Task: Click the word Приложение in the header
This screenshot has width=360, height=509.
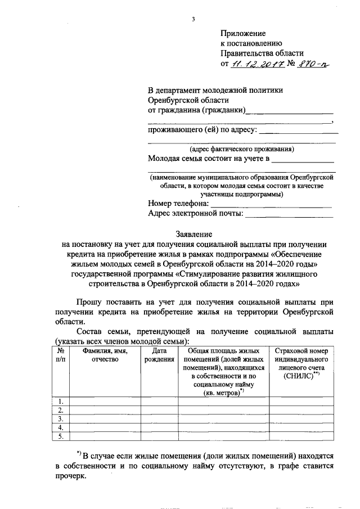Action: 242,33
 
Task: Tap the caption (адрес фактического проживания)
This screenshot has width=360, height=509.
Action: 241,150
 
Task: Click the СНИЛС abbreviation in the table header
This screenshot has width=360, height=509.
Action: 299,374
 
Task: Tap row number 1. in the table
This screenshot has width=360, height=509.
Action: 61,401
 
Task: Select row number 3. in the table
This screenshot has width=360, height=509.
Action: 61,419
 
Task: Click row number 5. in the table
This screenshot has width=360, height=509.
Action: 61,436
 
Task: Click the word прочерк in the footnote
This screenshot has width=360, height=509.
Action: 72,475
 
